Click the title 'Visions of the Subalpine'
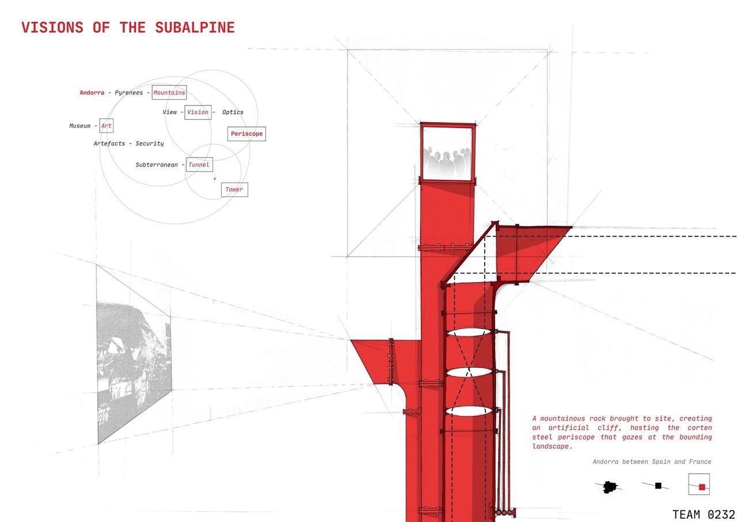(128, 28)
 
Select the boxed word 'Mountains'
(169, 93)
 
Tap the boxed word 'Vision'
(197, 112)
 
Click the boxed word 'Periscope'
(246, 134)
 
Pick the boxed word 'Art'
(107, 126)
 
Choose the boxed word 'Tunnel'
(199, 165)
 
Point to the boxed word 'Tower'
(234, 190)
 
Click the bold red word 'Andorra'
(92, 93)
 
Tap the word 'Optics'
(233, 112)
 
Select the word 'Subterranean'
(157, 165)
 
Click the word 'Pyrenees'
(129, 93)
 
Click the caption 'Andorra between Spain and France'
(652, 462)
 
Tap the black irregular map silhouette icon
(609, 487)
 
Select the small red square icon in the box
(702, 487)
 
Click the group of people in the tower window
(447, 160)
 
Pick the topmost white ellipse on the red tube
(469, 333)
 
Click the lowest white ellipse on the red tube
(469, 411)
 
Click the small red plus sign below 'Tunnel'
(215, 179)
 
